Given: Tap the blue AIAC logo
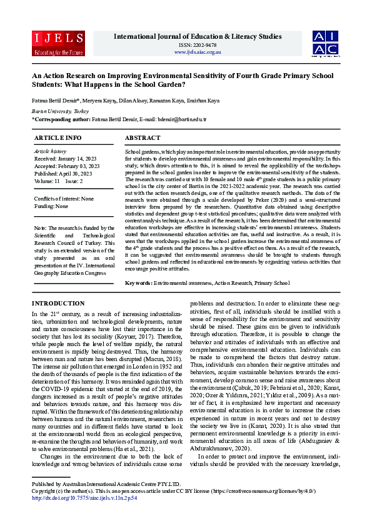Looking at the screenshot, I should (x=326, y=42).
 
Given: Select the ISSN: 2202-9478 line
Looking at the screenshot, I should (x=198, y=45).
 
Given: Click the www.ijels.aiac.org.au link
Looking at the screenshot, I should (x=198, y=52).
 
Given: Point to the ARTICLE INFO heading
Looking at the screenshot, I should (x=58, y=137).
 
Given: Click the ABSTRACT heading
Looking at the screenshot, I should (x=143, y=137).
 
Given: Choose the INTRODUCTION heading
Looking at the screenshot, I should (x=58, y=303).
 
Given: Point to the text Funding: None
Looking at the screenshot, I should (x=53, y=206).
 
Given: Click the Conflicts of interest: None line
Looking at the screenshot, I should (x=64, y=199).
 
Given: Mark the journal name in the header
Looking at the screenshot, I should (x=198, y=36).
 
